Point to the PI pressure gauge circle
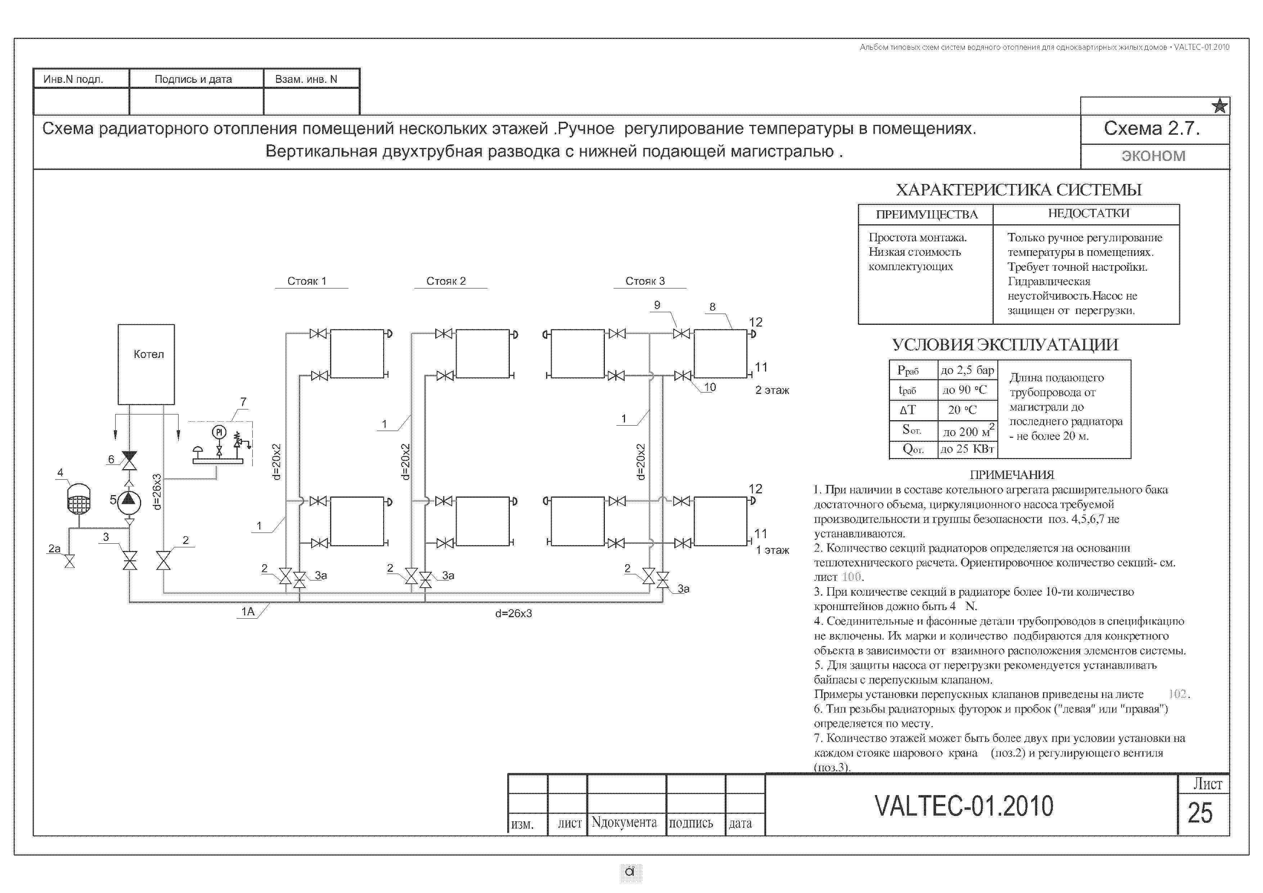coord(220,432)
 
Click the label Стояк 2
coord(446,281)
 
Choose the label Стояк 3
coord(645,281)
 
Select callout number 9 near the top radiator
coord(657,305)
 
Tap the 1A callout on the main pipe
coord(248,612)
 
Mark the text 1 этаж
coord(772,550)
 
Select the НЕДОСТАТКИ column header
coord(1088,214)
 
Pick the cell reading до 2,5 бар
coord(968,370)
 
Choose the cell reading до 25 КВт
coord(968,449)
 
